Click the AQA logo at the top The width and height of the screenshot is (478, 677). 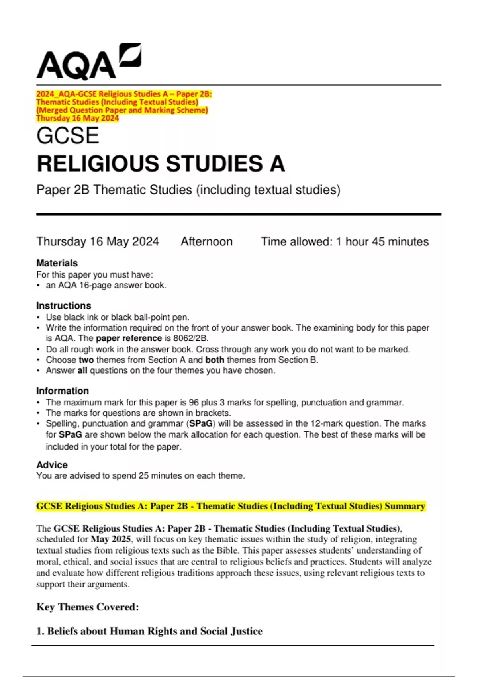[88, 62]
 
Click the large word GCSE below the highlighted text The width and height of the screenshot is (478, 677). [68, 136]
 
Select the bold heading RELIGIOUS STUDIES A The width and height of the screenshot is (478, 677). [161, 164]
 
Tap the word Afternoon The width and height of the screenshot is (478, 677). [206, 241]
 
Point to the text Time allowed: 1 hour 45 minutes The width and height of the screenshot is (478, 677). [345, 241]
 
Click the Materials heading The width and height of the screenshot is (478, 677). [57, 263]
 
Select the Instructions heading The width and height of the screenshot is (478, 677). [64, 306]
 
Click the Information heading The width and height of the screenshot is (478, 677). [63, 391]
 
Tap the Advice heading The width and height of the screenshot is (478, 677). [52, 465]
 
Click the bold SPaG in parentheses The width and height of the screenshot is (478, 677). [201, 423]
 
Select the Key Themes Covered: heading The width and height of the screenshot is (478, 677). [88, 607]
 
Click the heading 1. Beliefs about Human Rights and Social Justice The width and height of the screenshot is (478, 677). [149, 631]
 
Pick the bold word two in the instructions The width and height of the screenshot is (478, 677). [86, 360]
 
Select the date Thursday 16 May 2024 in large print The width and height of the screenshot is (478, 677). [98, 241]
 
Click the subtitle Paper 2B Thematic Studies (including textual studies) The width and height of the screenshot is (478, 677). [188, 190]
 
